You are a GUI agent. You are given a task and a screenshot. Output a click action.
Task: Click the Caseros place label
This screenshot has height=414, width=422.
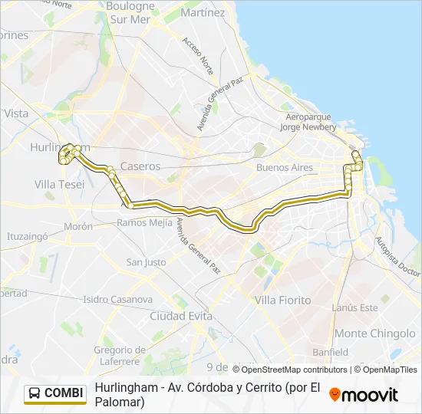pyautogui.click(x=140, y=166)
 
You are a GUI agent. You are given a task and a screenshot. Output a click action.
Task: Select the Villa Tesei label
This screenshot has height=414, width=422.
pyautogui.click(x=60, y=184)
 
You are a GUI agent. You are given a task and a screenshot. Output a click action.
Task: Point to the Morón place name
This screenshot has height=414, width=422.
pyautogui.click(x=78, y=227)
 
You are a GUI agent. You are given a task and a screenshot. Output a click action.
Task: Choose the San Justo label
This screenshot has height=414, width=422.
pyautogui.click(x=146, y=262)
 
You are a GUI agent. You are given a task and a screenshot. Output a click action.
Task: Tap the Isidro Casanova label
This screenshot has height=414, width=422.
pyautogui.click(x=117, y=299)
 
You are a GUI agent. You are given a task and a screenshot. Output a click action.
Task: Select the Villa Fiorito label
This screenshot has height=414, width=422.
pyautogui.click(x=283, y=300)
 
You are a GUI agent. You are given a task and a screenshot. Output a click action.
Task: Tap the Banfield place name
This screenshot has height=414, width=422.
pyautogui.click(x=330, y=352)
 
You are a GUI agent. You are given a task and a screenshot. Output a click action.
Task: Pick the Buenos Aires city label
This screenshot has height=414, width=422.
pyautogui.click(x=285, y=167)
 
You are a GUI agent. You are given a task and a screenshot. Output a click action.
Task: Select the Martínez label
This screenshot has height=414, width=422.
pyautogui.click(x=203, y=13)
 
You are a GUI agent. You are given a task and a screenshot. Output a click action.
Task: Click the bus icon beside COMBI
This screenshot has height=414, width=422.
pyautogui.click(x=35, y=393)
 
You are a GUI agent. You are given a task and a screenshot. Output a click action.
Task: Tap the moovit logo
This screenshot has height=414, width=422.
pyautogui.click(x=364, y=394)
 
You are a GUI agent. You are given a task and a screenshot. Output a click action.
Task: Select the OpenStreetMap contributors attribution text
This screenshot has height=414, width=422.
pyautogui.click(x=289, y=370)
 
